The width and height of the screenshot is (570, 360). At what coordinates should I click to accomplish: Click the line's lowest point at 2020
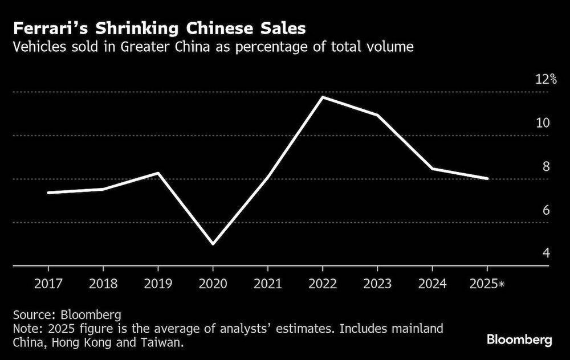pyautogui.click(x=213, y=244)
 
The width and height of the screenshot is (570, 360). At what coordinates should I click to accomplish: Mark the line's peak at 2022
pyautogui.click(x=323, y=97)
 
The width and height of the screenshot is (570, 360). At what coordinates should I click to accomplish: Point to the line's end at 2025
pyautogui.click(x=487, y=178)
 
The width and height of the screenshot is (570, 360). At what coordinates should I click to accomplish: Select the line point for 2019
pyautogui.click(x=158, y=173)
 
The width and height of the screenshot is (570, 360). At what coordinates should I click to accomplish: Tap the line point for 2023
pyautogui.click(x=377, y=115)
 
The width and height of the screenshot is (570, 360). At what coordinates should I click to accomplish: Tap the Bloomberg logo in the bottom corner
pyautogui.click(x=519, y=340)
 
